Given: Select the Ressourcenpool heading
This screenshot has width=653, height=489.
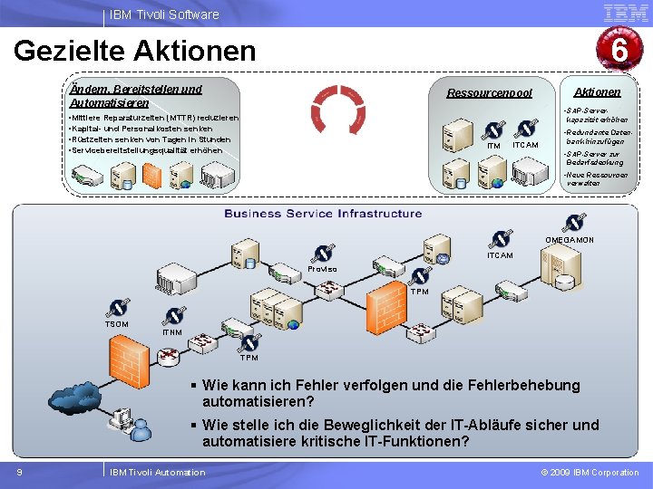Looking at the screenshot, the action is (x=490, y=93).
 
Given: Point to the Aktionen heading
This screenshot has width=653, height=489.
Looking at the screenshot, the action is (x=598, y=91).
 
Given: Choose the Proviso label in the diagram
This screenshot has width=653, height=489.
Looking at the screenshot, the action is (x=322, y=269).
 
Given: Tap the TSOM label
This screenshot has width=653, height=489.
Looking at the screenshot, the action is (x=118, y=324).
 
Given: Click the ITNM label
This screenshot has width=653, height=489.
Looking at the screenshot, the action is (x=171, y=332).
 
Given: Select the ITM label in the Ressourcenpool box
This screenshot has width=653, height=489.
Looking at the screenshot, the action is (x=493, y=146).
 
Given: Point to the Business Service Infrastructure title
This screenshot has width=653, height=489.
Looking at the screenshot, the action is (x=323, y=214).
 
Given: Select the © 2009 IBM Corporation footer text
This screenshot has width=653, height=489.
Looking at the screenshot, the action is (x=590, y=472).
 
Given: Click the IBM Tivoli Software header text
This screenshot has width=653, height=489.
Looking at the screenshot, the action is (x=164, y=14).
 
